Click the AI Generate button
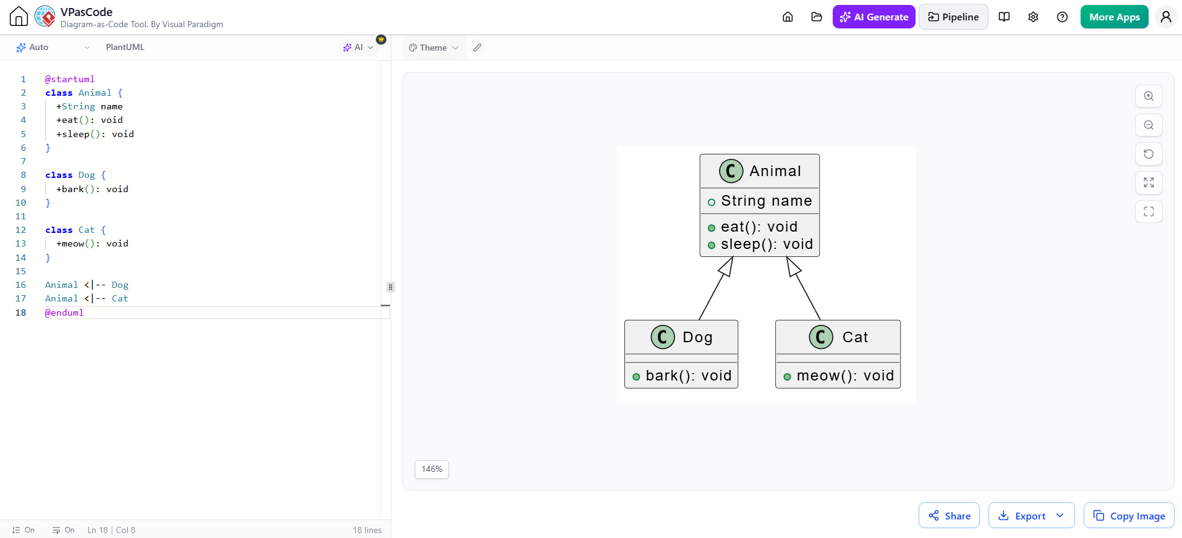(x=874, y=17)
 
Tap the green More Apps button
(x=1114, y=17)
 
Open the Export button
(x=1031, y=515)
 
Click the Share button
(x=949, y=515)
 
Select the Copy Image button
(x=1129, y=515)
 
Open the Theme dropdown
(x=434, y=48)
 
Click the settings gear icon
(x=1033, y=17)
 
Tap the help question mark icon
(x=1062, y=17)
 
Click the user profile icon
(x=1166, y=17)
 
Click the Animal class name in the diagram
(x=775, y=171)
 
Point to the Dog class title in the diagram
(x=697, y=337)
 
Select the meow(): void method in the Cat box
(x=845, y=376)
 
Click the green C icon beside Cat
(x=821, y=337)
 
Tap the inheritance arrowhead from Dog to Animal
(x=727, y=266)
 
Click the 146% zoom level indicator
(x=432, y=469)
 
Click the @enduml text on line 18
(x=64, y=313)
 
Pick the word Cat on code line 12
(x=87, y=230)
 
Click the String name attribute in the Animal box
(x=767, y=201)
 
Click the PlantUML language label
(x=125, y=47)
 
